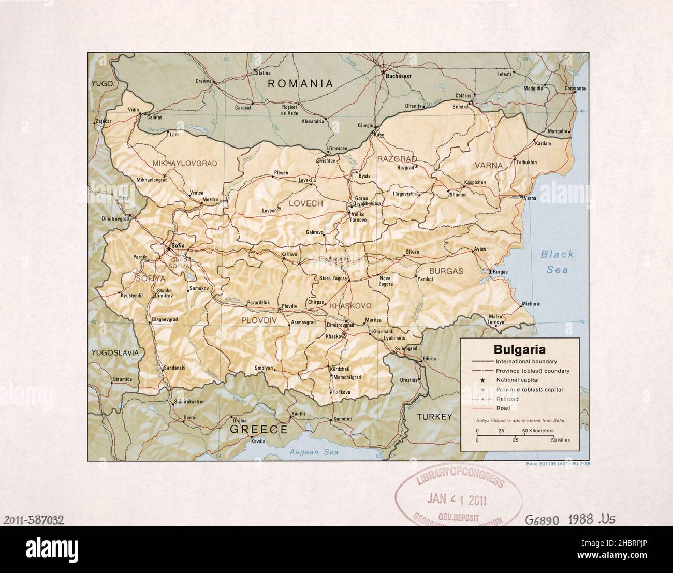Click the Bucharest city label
tap(398, 76)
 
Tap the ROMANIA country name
tap(300, 83)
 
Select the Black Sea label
tap(557, 261)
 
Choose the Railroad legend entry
tap(507, 399)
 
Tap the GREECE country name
tap(258, 429)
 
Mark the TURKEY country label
tap(435, 417)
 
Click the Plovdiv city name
tap(289, 306)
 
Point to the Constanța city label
tap(575, 89)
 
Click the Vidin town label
tap(134, 110)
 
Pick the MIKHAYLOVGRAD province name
tap(185, 163)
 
